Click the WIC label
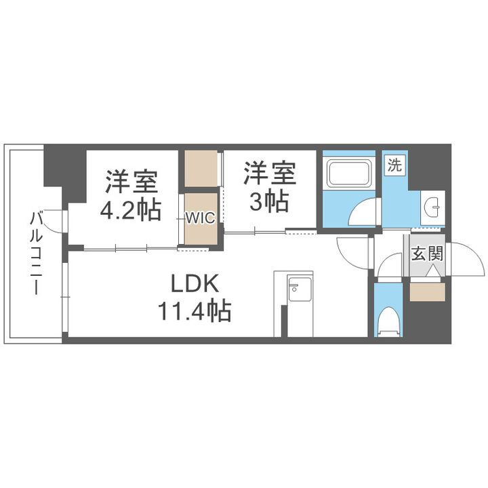pyautogui.click(x=201, y=218)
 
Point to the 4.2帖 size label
pyautogui.click(x=130, y=209)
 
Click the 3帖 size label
pyautogui.click(x=270, y=201)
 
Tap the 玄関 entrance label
pyautogui.click(x=427, y=256)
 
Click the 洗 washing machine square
pyautogui.click(x=394, y=165)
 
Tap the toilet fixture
pyautogui.click(x=388, y=321)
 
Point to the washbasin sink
pyautogui.click(x=432, y=203)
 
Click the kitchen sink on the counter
pyautogui.click(x=298, y=289)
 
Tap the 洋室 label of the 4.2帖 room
pyautogui.click(x=131, y=180)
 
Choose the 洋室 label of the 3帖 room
pyautogui.click(x=270, y=173)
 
